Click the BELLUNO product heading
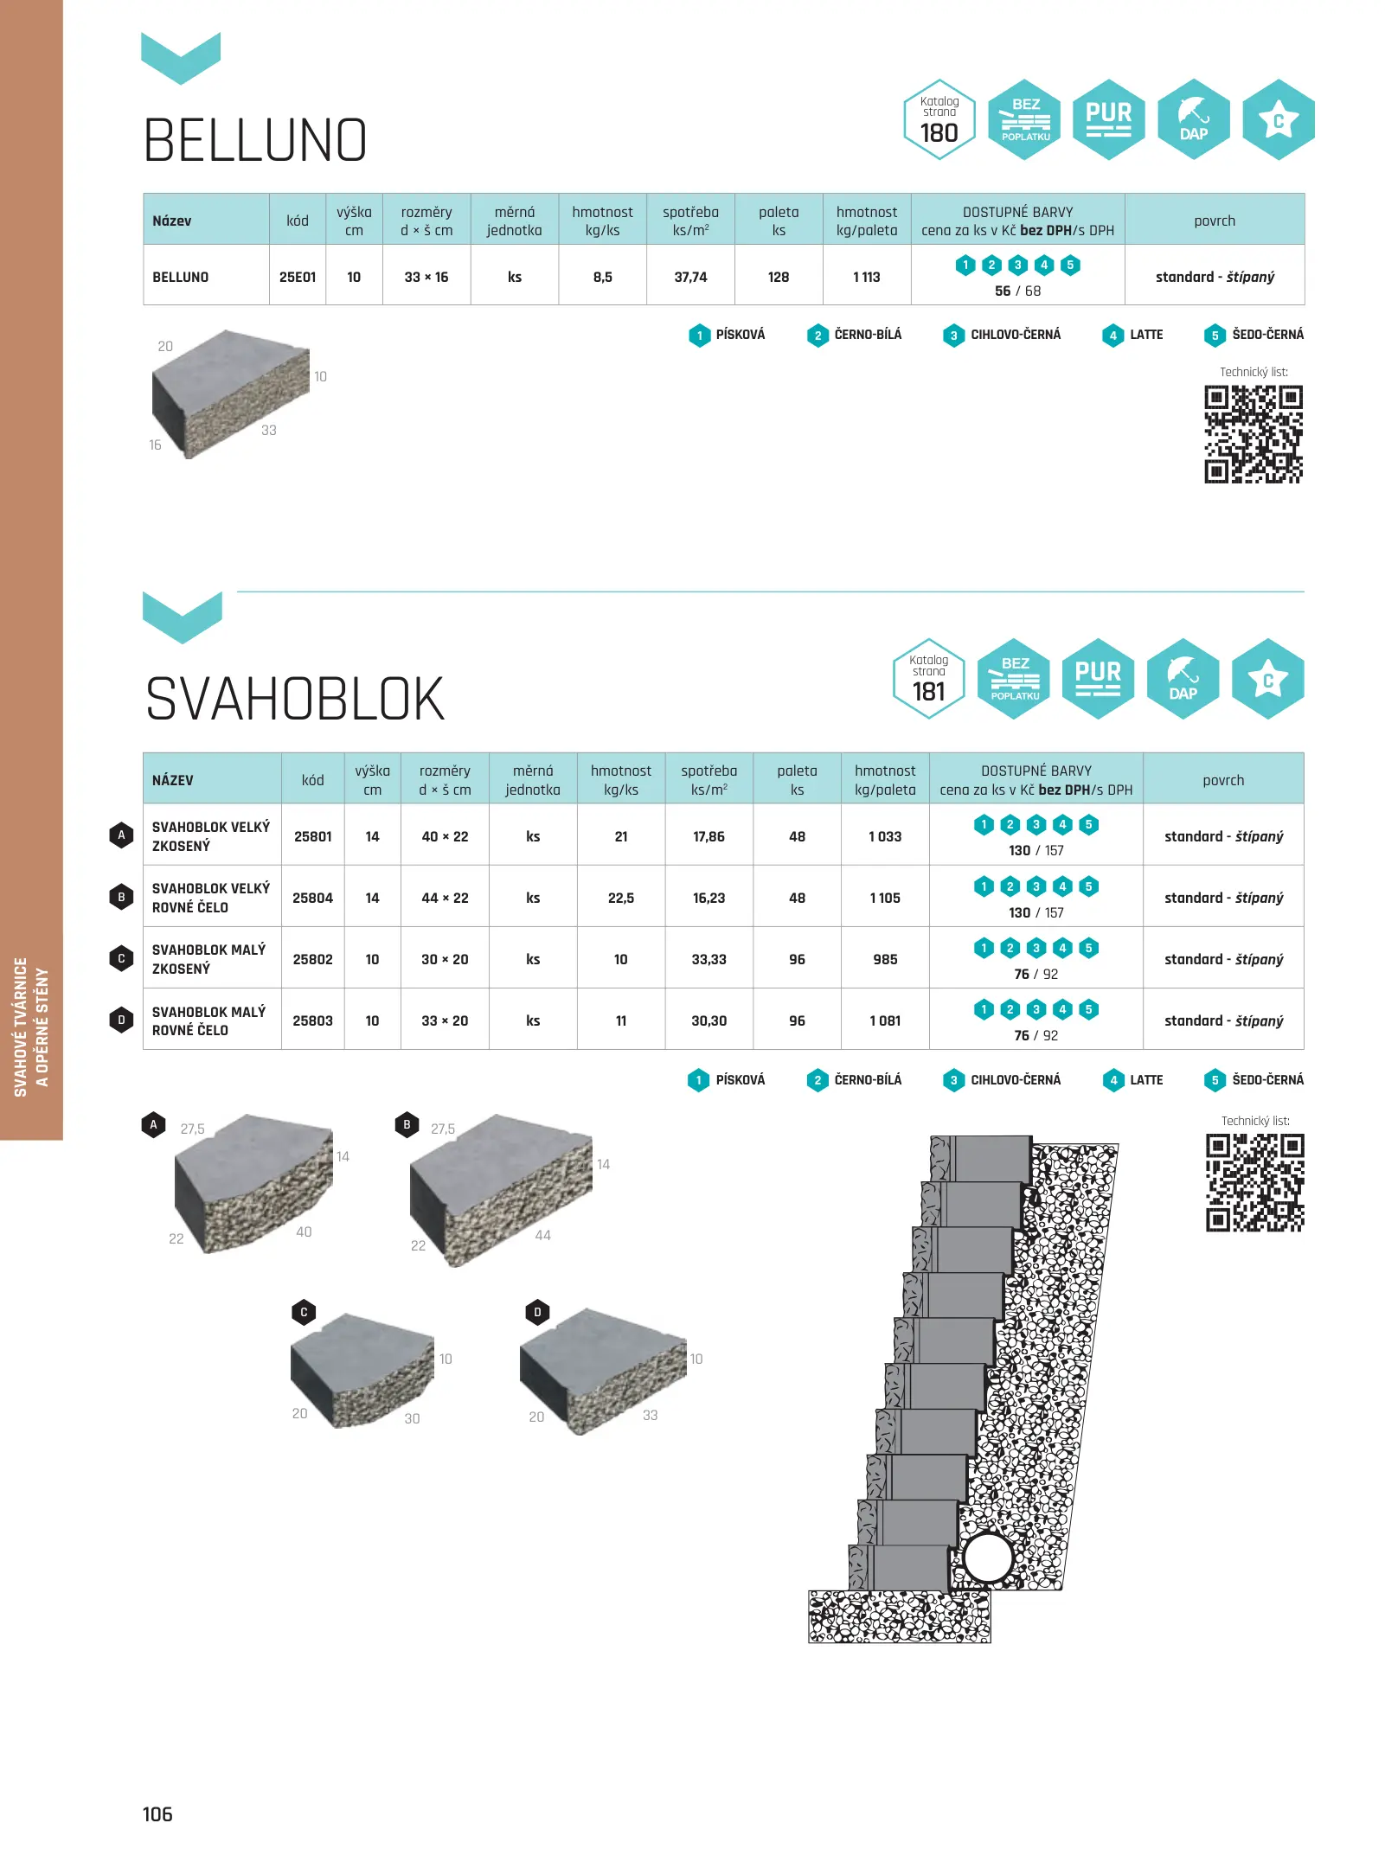(x=255, y=140)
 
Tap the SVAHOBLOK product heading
(x=294, y=699)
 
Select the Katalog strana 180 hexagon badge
(x=939, y=120)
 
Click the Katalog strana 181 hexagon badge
(x=929, y=679)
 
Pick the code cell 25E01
(x=298, y=277)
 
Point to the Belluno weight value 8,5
(x=603, y=277)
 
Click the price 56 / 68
(x=1017, y=291)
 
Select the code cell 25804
(x=312, y=898)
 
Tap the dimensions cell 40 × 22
(x=445, y=836)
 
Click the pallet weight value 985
(x=885, y=959)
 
